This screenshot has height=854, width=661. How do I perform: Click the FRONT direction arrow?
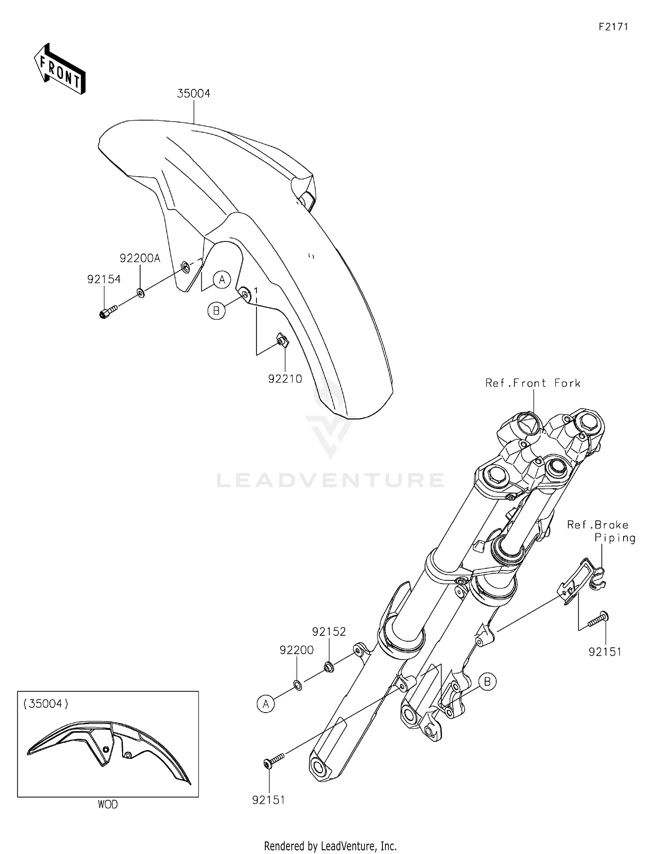[x=59, y=69]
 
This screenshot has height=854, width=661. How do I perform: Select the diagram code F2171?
[x=613, y=27]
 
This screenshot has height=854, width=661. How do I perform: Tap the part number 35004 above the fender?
[x=194, y=93]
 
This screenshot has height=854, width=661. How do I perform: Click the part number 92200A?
[x=140, y=258]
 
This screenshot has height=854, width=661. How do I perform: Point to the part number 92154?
[x=104, y=279]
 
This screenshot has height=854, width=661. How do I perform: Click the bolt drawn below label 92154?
[x=108, y=312]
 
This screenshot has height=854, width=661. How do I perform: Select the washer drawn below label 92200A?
[x=141, y=293]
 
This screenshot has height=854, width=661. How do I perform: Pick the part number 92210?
[x=285, y=379]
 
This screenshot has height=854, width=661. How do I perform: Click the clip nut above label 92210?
[x=282, y=340]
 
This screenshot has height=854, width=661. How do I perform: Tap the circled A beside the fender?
[x=222, y=279]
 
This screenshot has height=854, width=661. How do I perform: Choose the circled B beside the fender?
[x=216, y=311]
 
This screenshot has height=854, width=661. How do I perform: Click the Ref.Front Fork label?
[x=533, y=383]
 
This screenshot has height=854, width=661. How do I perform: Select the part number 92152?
[x=329, y=631]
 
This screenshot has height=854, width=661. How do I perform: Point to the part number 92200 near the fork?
[x=297, y=650]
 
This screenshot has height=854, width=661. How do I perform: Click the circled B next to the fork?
[x=487, y=682]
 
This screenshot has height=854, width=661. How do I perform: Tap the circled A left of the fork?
[x=266, y=704]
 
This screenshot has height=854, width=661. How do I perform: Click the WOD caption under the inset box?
[x=108, y=805]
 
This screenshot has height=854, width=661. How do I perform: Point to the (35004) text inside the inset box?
[x=46, y=704]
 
